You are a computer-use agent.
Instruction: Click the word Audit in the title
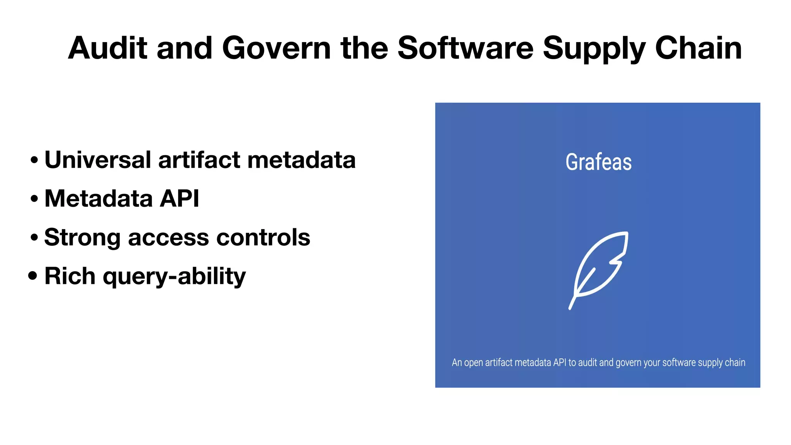coord(107,48)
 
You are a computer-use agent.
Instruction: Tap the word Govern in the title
coord(276,48)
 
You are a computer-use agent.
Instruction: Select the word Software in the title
coord(465,48)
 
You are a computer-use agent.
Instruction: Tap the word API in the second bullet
coord(180,198)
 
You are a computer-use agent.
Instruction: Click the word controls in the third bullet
coord(263,237)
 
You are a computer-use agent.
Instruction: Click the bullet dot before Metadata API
coord(34,199)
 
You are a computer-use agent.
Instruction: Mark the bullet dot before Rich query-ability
coord(33,276)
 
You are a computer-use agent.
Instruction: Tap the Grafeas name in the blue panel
coord(598,162)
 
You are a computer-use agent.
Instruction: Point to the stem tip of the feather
coord(570,308)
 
